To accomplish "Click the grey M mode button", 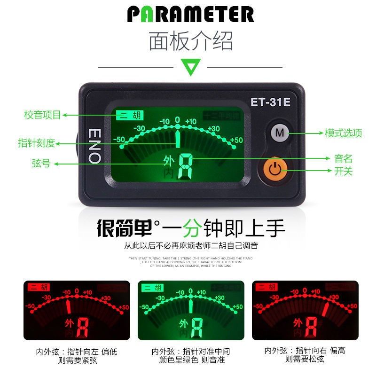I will click(280, 133).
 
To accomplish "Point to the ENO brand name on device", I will click(94, 145).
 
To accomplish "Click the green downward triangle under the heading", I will click(191, 67).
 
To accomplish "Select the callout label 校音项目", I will click(43, 115).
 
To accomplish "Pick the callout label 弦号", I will click(41, 164).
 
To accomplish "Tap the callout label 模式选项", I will click(344, 133).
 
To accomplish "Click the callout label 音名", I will click(343, 159).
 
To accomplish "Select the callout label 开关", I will click(343, 171).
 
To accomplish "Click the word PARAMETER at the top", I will click(190, 15).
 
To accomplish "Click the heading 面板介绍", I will click(191, 41).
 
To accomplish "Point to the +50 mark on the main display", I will click(236, 140).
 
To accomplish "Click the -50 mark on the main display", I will click(119, 140).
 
